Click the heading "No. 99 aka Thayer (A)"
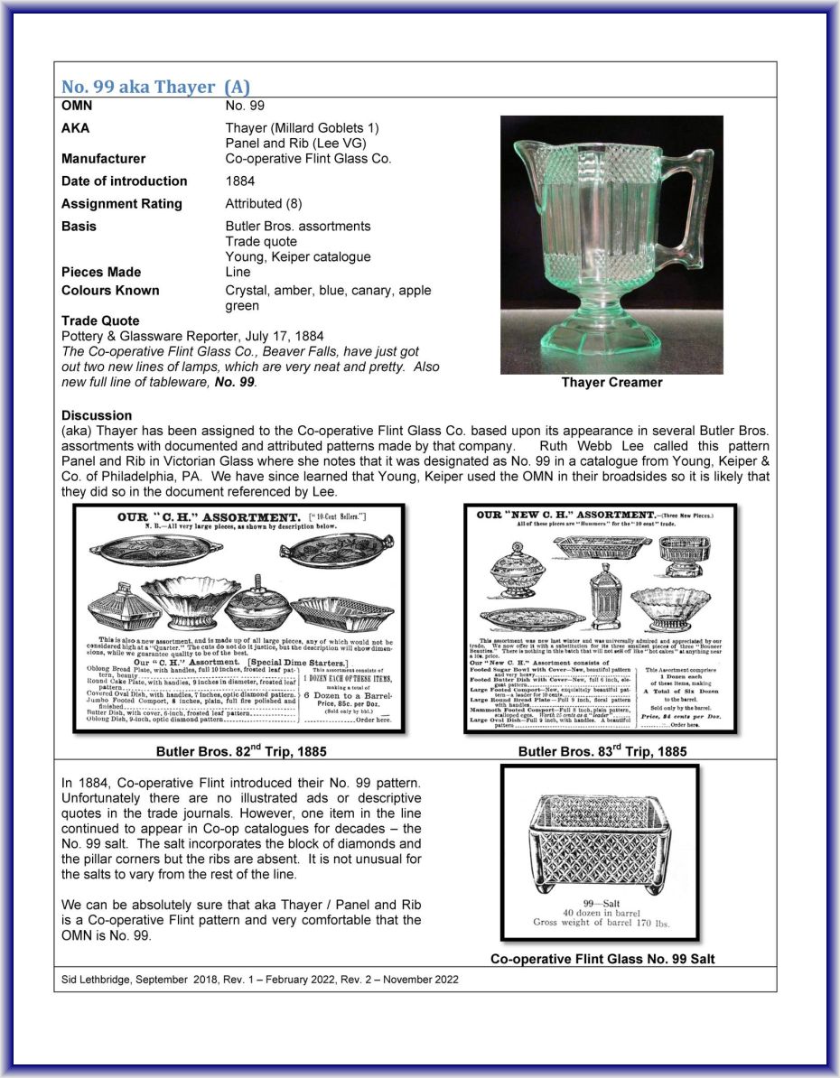(x=154, y=88)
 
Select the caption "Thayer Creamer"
(x=611, y=382)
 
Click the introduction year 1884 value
(x=240, y=181)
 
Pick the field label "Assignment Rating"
(x=122, y=204)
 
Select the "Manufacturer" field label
(x=103, y=159)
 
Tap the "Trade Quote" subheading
(x=100, y=321)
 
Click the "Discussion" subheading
(x=97, y=415)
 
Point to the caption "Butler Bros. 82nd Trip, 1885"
(x=241, y=751)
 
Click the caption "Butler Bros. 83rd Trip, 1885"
(x=602, y=751)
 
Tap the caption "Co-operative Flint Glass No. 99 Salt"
(x=602, y=959)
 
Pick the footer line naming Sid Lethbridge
(x=260, y=979)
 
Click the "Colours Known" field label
(x=110, y=291)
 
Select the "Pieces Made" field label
(x=101, y=272)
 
